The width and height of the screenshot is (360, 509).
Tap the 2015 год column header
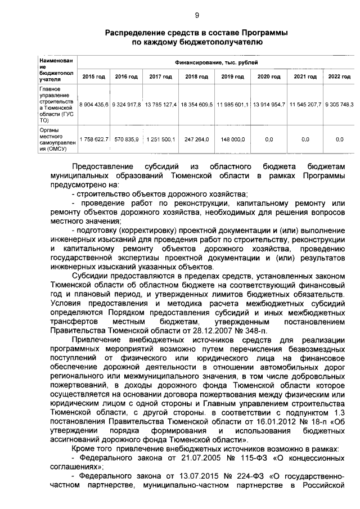pyautogui.click(x=93, y=76)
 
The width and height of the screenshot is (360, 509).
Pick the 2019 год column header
pyautogui.click(x=232, y=76)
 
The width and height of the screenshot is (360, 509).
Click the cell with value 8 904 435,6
pyautogui.click(x=93, y=105)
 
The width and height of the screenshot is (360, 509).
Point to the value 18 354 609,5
pyautogui.click(x=196, y=105)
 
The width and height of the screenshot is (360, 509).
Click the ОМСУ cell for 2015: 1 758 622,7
pyautogui.click(x=93, y=139)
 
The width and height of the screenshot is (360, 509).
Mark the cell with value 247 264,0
pyautogui.click(x=196, y=139)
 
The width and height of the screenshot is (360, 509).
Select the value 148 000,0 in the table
pyautogui.click(x=232, y=139)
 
